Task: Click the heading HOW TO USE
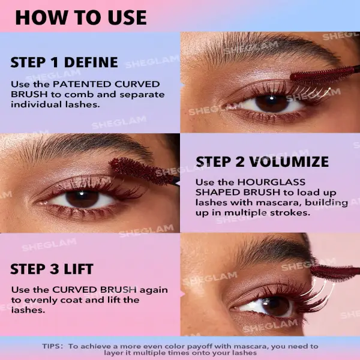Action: [81, 17]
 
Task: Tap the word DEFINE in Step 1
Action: [91, 62]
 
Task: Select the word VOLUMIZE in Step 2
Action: [289, 161]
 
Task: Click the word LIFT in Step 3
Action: [79, 269]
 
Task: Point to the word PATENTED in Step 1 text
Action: [82, 84]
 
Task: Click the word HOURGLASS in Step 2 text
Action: [271, 182]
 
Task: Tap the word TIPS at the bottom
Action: [52, 346]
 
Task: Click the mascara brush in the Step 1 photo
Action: [325, 74]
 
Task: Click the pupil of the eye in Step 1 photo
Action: [272, 103]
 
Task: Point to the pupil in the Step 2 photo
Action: [82, 198]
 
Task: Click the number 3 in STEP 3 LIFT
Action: [55, 269]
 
